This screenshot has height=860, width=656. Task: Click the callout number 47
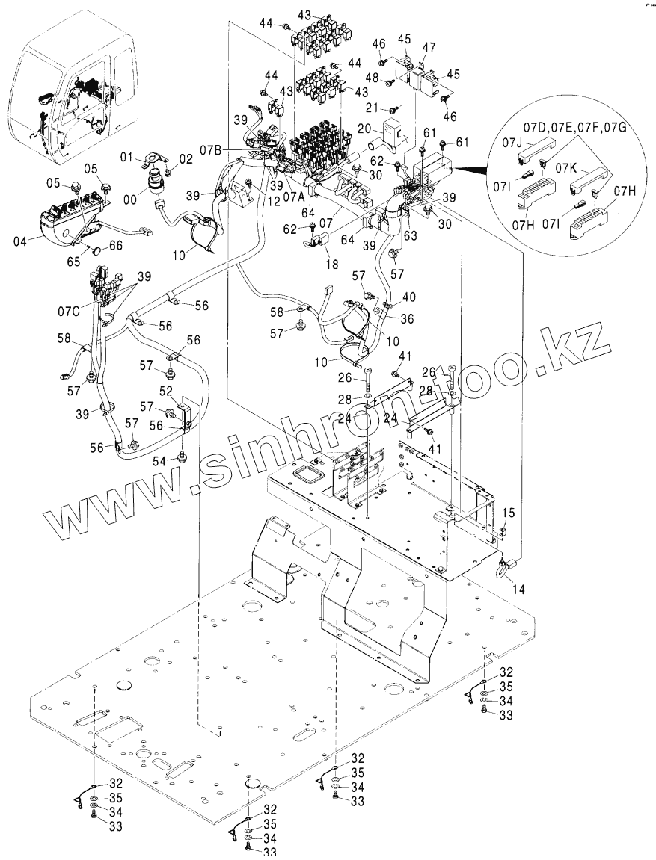[429, 46]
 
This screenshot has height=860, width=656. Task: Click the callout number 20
[364, 128]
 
